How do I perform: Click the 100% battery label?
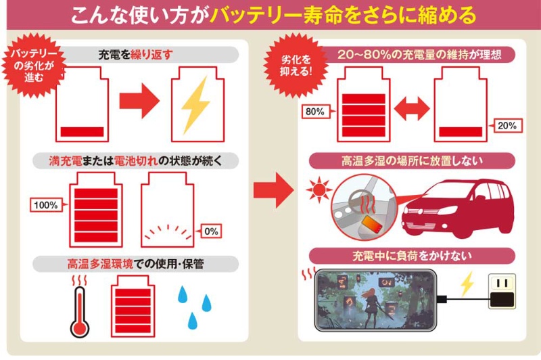point(45,204)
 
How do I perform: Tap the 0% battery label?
point(210,231)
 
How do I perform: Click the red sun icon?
point(316,192)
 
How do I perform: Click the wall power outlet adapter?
point(501,291)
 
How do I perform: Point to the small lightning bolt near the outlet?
point(466,284)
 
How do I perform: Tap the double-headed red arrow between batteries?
point(412,107)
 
